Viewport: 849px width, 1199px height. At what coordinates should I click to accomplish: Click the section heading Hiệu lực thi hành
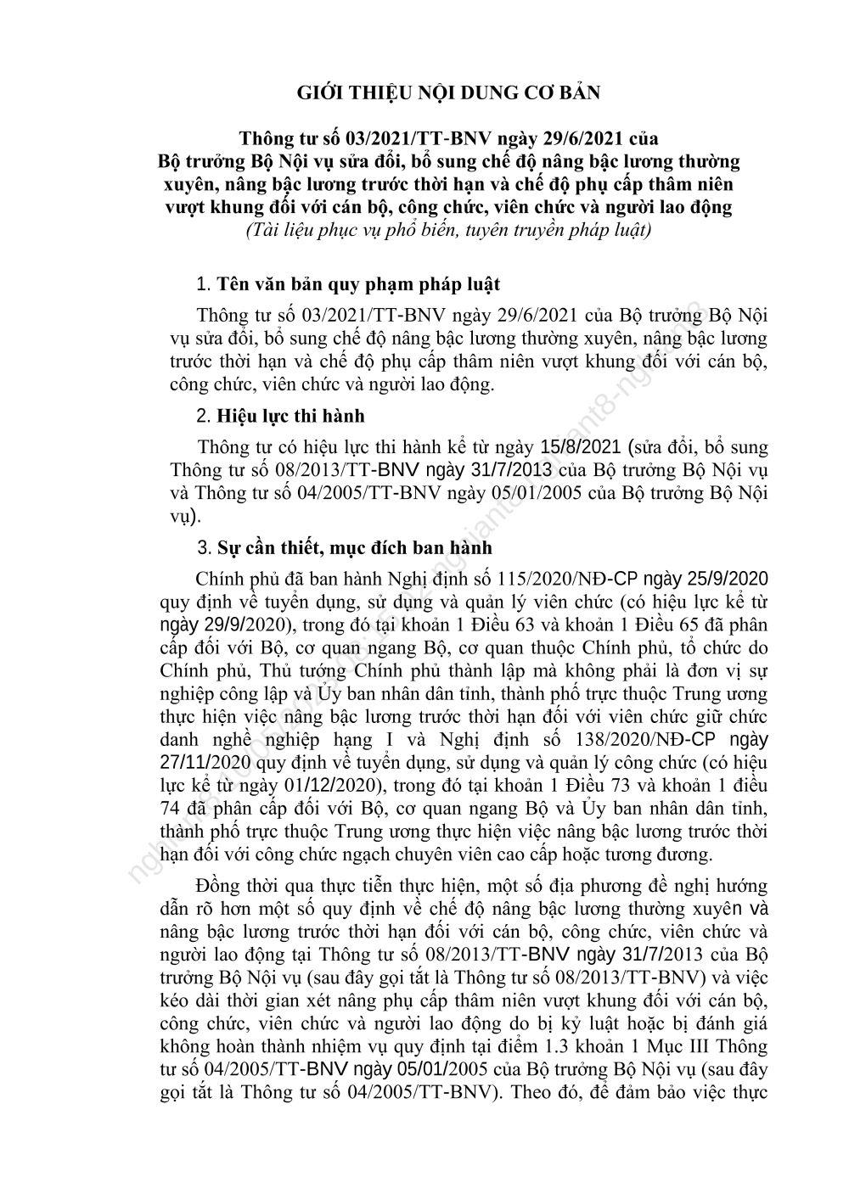290,416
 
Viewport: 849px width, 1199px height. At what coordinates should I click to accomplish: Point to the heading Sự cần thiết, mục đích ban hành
354,547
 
